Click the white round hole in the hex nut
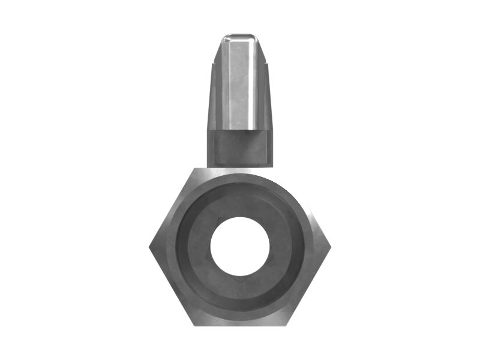(239, 247)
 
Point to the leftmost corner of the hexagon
(149, 246)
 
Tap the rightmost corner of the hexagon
(331, 246)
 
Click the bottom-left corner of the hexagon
(194, 325)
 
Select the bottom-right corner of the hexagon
(285, 325)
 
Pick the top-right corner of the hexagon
(286, 169)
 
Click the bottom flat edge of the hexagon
(240, 325)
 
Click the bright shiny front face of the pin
(239, 84)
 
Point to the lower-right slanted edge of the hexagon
(308, 286)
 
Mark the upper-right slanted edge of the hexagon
(308, 207)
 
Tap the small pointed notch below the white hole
(239, 278)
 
